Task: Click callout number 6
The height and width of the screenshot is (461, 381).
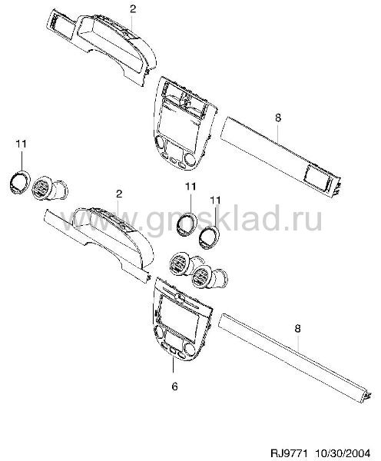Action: click(x=174, y=386)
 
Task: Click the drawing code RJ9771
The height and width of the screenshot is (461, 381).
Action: click(x=289, y=453)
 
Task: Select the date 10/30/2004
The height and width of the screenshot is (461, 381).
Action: click(x=343, y=453)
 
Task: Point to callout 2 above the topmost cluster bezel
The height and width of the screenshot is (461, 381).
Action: click(x=133, y=9)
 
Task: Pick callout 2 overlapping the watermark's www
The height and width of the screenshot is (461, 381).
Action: click(x=119, y=194)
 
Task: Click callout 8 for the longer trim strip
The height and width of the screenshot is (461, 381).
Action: click(x=298, y=328)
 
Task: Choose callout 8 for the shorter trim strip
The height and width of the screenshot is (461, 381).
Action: click(x=278, y=118)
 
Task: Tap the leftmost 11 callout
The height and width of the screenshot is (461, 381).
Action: click(x=22, y=144)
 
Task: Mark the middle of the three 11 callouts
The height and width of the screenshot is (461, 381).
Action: click(x=190, y=187)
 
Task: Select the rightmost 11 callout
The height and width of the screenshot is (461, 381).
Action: click(x=215, y=201)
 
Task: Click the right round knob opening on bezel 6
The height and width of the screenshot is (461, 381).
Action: click(x=190, y=350)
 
